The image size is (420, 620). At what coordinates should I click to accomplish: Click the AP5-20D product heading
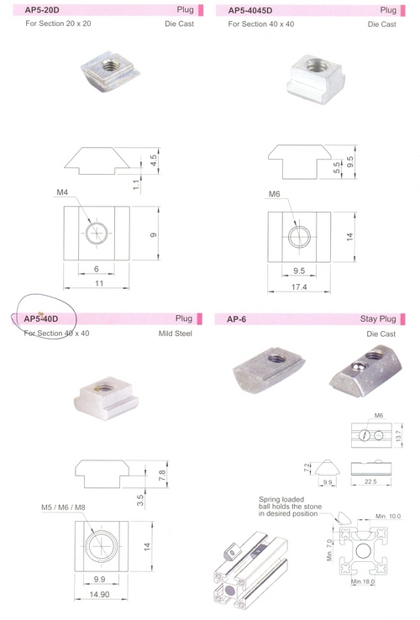click(x=42, y=10)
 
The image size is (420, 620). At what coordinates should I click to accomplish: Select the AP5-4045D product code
click(x=250, y=10)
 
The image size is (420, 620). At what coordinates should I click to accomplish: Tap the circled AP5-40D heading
click(x=40, y=318)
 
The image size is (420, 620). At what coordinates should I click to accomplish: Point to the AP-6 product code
click(x=237, y=319)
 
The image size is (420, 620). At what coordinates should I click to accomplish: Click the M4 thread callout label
click(x=62, y=192)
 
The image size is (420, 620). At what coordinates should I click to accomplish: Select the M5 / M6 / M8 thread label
click(x=63, y=507)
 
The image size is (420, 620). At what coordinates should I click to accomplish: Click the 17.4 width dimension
click(x=299, y=286)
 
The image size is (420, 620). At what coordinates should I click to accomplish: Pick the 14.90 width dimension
click(x=99, y=594)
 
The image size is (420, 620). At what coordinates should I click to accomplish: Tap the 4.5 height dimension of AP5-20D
click(x=154, y=160)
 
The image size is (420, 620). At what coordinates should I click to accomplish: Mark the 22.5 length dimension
click(x=370, y=481)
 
